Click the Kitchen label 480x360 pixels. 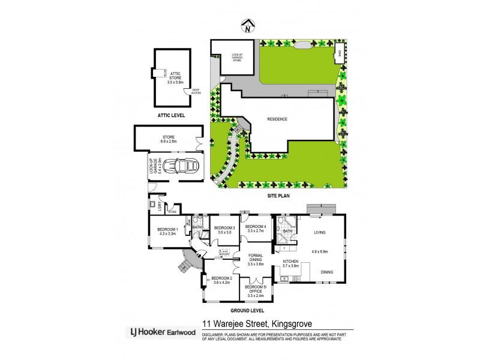pos(290,262)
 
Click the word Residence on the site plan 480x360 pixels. pos(277,119)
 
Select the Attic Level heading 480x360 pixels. pos(171,115)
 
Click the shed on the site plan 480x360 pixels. pos(338,50)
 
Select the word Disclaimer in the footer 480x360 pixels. pos(215,334)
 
